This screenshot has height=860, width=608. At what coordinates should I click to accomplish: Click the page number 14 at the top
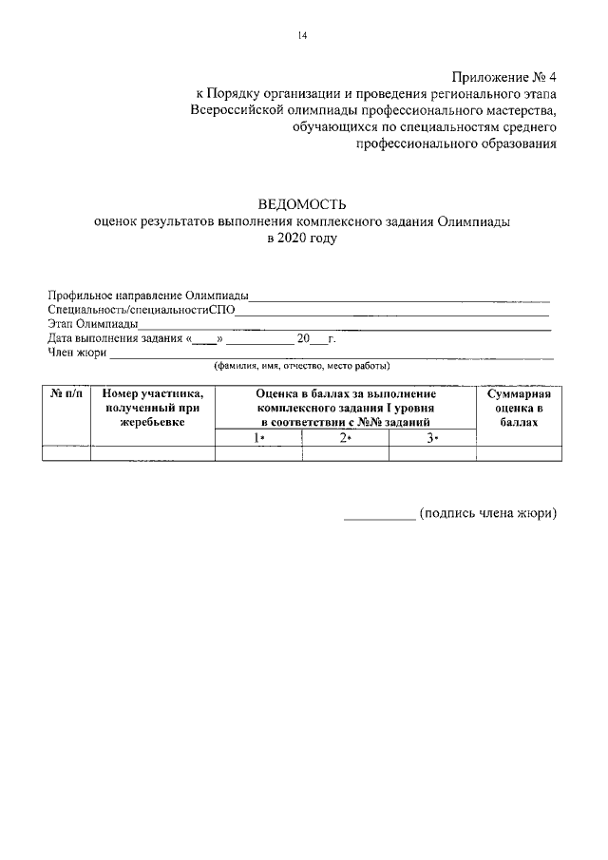(302, 36)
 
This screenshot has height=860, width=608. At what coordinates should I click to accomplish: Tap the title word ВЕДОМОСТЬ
(302, 204)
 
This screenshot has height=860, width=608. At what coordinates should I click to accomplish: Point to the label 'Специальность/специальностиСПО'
(142, 310)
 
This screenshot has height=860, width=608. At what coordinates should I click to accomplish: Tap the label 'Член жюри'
(76, 353)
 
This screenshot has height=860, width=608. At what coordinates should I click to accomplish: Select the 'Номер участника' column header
(152, 407)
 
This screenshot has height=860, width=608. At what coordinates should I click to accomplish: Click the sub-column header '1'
(258, 437)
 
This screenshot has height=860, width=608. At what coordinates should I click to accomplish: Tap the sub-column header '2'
(345, 437)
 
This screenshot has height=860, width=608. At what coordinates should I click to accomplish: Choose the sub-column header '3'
(431, 437)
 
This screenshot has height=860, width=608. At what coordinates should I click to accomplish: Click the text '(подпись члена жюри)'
(487, 513)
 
